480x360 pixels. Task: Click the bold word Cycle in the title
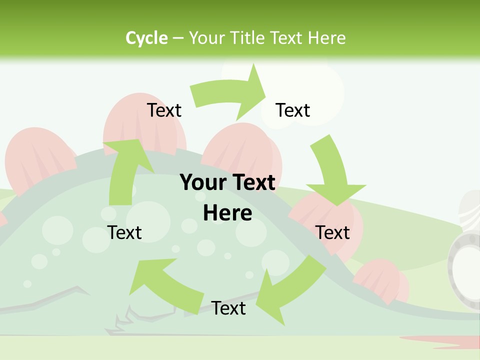146,38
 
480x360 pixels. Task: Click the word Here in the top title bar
326,38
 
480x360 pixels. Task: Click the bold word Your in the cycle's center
202,182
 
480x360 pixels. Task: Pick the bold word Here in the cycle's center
227,213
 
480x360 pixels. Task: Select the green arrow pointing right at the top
230,92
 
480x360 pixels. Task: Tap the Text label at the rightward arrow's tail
164,110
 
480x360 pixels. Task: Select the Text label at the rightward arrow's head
293,110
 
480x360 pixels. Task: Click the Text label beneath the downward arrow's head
332,232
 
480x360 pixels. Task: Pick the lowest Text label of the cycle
228,308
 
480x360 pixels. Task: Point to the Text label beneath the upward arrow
125,232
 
